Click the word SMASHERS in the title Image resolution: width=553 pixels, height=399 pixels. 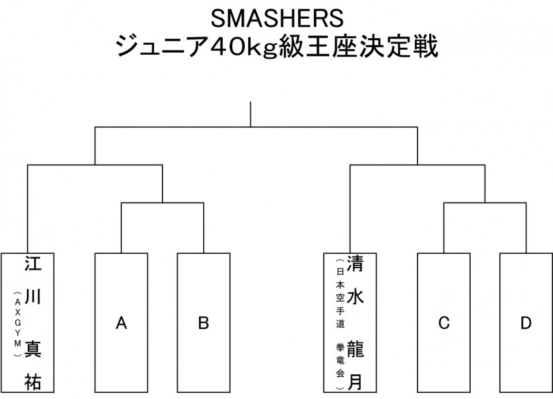point(276,17)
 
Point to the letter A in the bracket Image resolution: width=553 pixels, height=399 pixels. point(121,323)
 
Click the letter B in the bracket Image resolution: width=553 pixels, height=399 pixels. point(203,323)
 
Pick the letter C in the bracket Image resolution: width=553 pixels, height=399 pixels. point(444,323)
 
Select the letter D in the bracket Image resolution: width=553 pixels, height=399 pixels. point(527,323)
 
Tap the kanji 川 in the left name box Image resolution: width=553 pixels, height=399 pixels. point(32,297)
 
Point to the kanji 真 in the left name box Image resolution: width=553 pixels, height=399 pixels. point(32,348)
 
